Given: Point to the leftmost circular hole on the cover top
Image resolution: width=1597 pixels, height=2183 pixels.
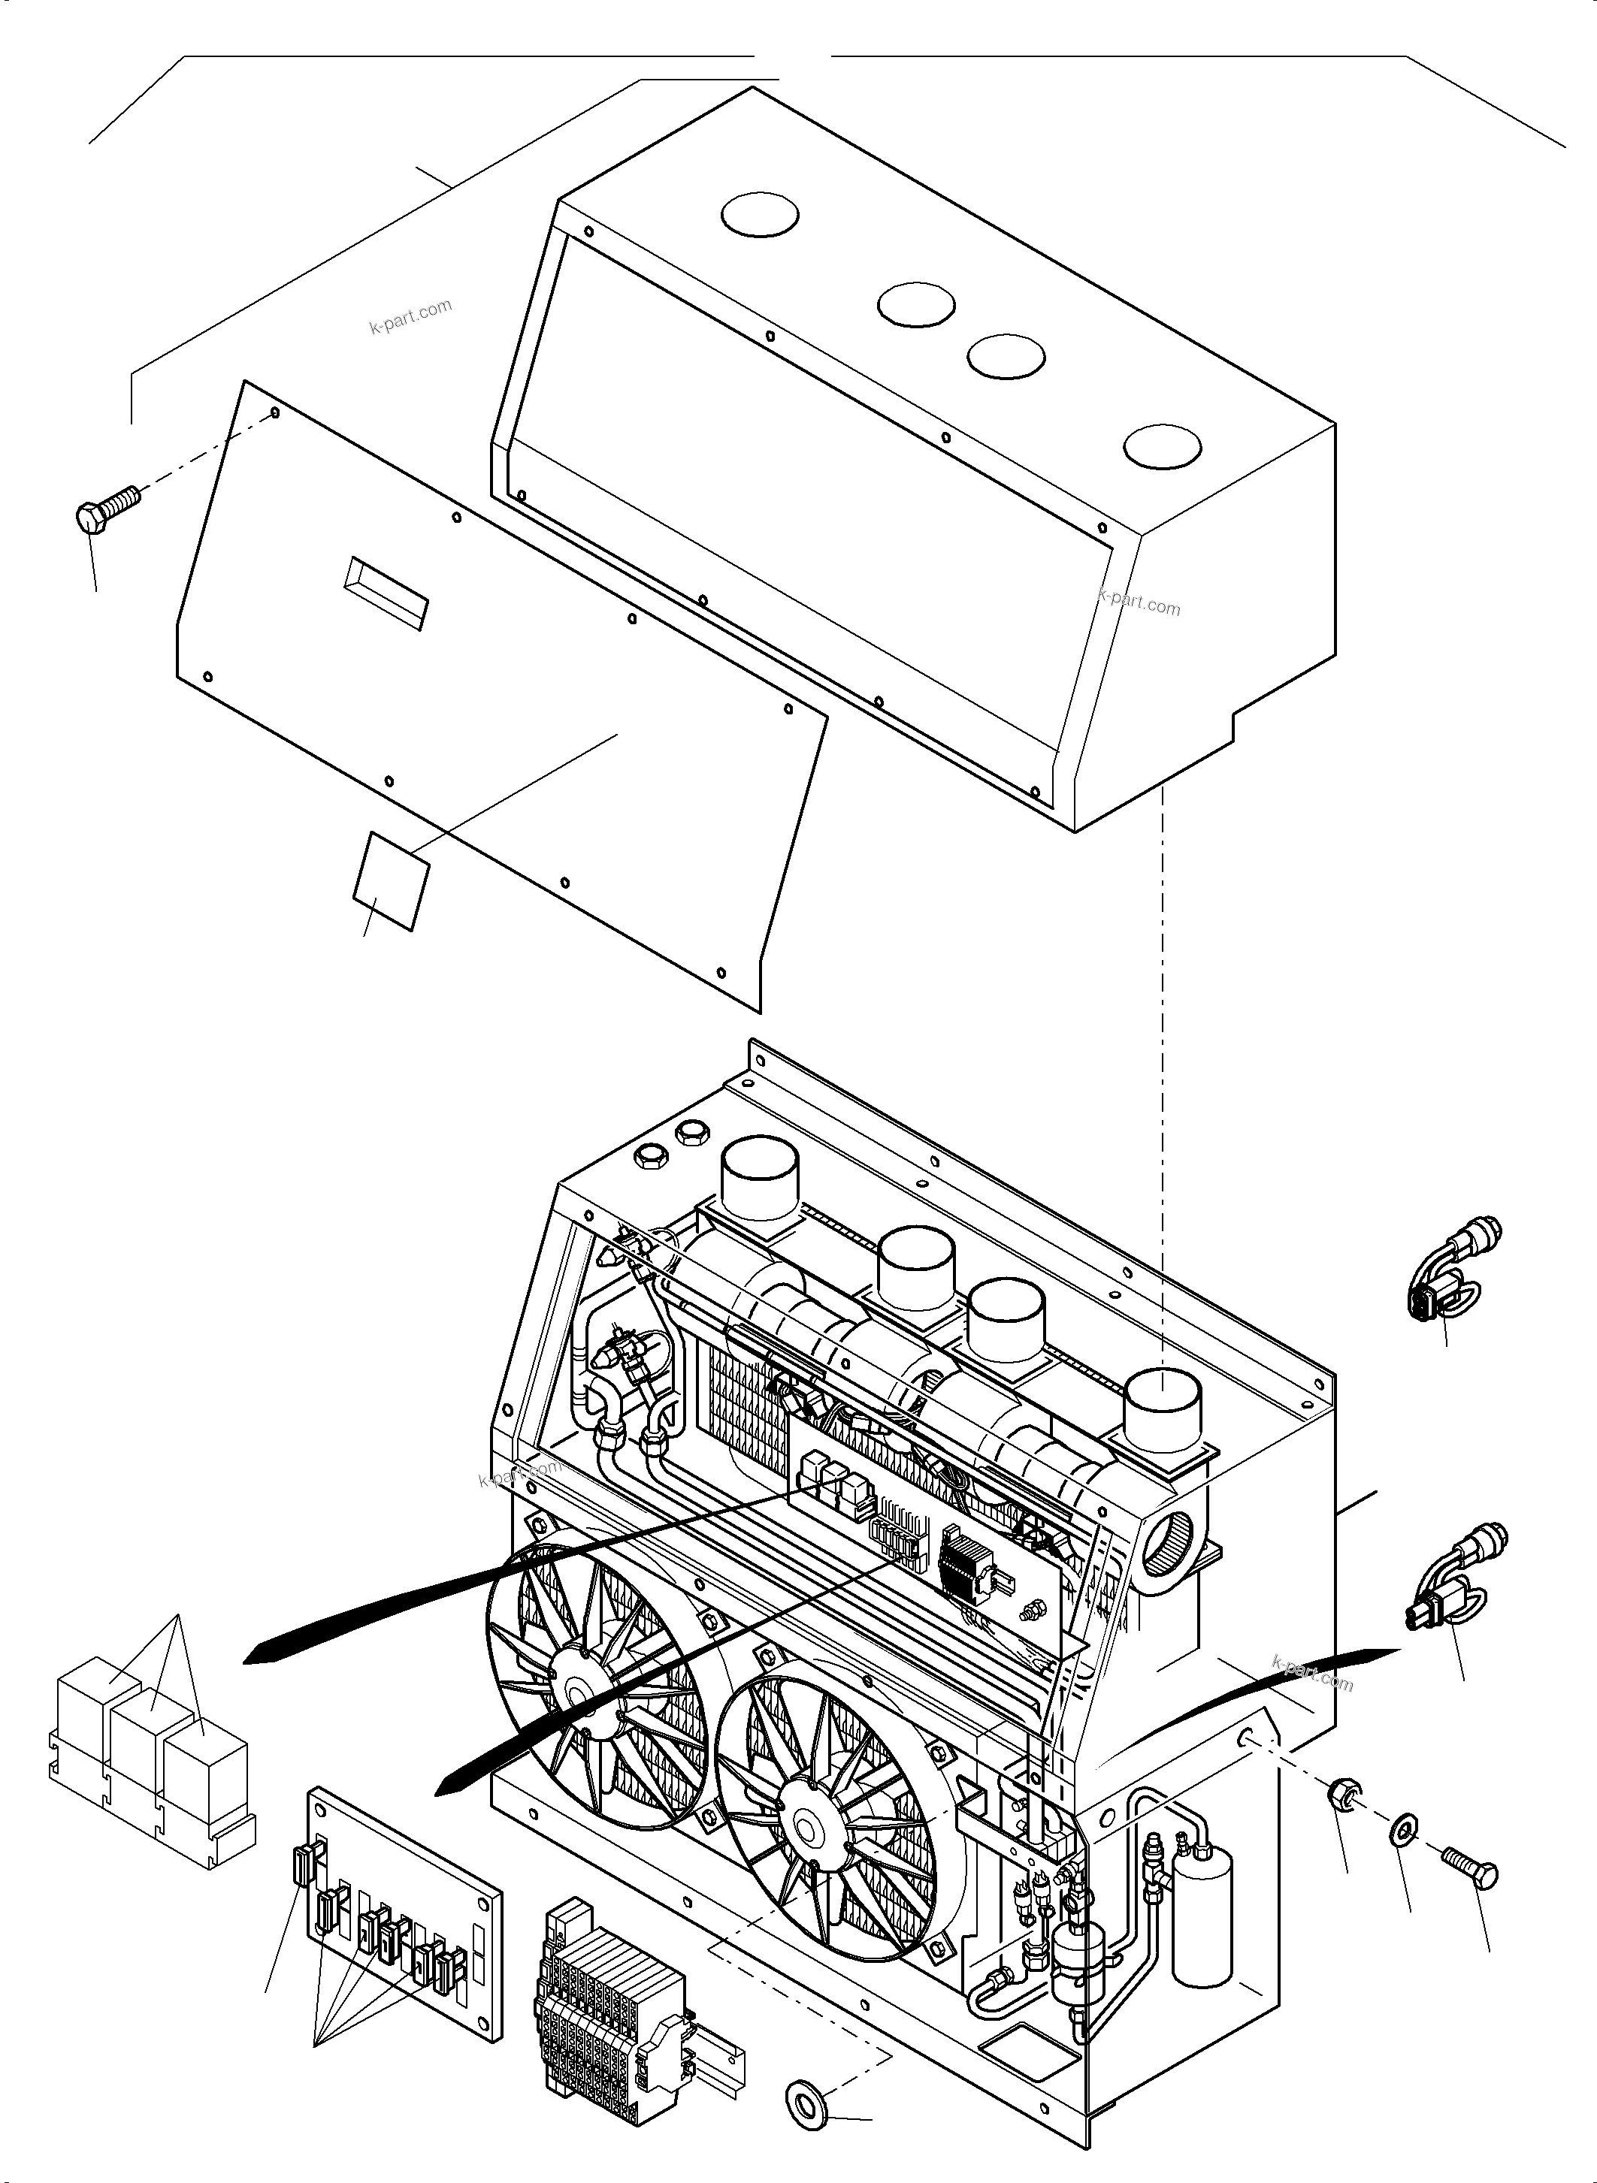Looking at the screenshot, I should pos(761,213).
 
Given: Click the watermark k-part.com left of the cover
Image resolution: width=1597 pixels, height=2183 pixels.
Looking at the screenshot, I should pos(410,316).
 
